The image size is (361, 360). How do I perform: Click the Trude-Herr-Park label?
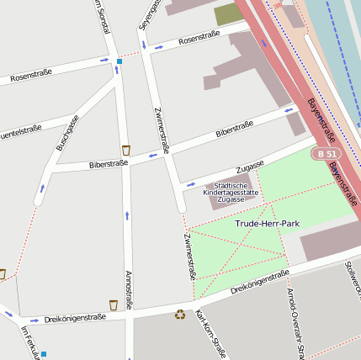click(268, 224)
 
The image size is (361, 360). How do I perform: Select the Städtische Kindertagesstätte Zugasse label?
click(231, 193)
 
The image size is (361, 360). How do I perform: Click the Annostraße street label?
click(128, 290)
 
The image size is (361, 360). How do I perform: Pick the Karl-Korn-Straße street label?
click(210, 334)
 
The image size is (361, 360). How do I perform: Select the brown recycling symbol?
click(180, 315)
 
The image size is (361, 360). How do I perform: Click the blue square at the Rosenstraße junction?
click(119, 61)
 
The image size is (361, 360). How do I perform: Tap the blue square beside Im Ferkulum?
click(44, 354)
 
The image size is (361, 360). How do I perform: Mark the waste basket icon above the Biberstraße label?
click(125, 150)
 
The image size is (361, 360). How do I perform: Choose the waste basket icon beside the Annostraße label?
click(114, 304)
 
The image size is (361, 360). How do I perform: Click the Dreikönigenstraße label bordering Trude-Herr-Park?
click(260, 283)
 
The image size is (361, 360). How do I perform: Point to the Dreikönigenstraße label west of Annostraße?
click(75, 318)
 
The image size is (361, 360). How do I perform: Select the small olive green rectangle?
click(227, 14)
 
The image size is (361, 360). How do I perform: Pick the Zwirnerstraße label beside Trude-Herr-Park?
click(189, 257)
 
